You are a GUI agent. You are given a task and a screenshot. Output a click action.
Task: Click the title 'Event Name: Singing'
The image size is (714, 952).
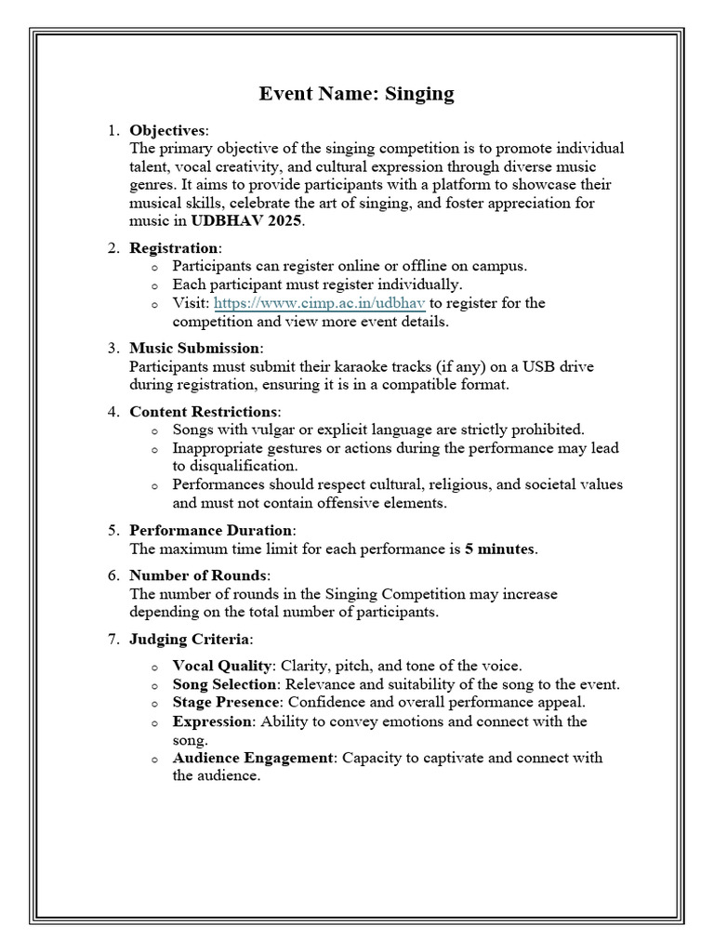pyautogui.click(x=356, y=94)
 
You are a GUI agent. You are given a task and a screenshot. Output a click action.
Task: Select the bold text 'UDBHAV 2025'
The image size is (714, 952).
pyautogui.click(x=237, y=220)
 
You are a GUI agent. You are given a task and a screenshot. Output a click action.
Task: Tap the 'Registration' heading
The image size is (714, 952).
pyautogui.click(x=174, y=248)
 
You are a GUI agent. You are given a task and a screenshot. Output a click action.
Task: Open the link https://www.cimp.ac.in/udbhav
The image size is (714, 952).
pyautogui.click(x=319, y=303)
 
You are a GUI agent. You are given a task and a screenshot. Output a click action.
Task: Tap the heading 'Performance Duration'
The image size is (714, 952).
pyautogui.click(x=210, y=530)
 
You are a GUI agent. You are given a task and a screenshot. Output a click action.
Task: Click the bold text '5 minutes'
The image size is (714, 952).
pyautogui.click(x=500, y=549)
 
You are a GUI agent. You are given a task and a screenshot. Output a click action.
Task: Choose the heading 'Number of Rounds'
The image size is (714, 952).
pyautogui.click(x=198, y=575)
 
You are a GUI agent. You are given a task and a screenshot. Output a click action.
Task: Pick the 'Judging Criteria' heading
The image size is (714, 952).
pyautogui.click(x=189, y=639)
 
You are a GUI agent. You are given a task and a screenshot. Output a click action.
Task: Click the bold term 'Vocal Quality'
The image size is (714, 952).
pyautogui.click(x=222, y=666)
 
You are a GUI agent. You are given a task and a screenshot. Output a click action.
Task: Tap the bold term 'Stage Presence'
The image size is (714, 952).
pyautogui.click(x=226, y=702)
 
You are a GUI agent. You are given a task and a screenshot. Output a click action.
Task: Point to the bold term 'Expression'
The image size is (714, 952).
pyautogui.click(x=212, y=721)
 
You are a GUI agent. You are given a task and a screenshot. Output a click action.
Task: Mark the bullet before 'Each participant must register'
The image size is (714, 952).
pyautogui.click(x=154, y=285)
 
